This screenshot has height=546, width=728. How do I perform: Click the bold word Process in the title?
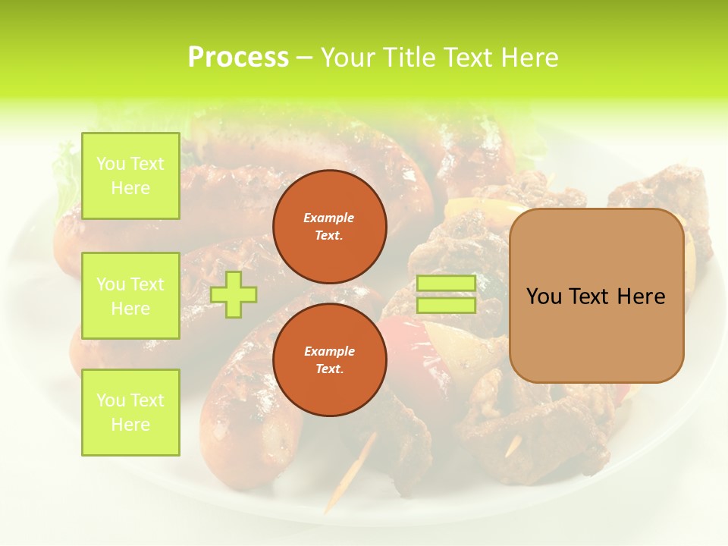click(238, 58)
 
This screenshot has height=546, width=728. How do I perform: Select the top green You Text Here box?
click(130, 176)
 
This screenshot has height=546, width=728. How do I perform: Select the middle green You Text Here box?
click(130, 296)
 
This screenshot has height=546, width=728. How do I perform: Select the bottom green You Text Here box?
click(130, 413)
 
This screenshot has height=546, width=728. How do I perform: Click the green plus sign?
click(233, 295)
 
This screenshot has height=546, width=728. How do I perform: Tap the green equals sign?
click(446, 294)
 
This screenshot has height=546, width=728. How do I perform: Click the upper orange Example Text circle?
click(329, 226)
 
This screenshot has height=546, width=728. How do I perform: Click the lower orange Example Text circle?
click(329, 359)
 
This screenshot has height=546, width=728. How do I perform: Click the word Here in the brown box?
click(641, 297)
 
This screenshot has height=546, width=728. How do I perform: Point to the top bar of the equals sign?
click(446, 284)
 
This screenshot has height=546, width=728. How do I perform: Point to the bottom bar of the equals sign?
click(446, 305)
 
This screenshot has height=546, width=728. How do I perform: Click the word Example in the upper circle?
click(329, 218)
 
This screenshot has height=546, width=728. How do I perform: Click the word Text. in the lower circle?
click(329, 369)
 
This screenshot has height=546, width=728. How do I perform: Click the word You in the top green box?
click(111, 164)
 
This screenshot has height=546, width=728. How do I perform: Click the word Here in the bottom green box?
click(130, 425)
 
